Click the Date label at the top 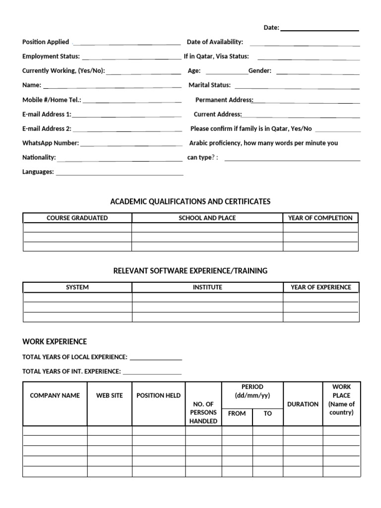(x=271, y=28)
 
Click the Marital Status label (x=209, y=85)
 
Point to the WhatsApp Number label (x=51, y=143)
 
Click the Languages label (x=38, y=172)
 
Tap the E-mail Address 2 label (x=47, y=129)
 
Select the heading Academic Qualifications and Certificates (x=190, y=201)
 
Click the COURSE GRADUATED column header (x=77, y=218)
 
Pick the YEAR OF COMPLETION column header (x=320, y=218)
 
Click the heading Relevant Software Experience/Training (x=190, y=271)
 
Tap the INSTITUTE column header (x=207, y=287)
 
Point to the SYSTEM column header (x=77, y=287)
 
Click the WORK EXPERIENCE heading (x=55, y=342)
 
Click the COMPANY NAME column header (x=55, y=396)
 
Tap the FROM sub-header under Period (x=237, y=414)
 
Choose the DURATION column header (x=303, y=404)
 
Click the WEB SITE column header (x=110, y=396)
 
